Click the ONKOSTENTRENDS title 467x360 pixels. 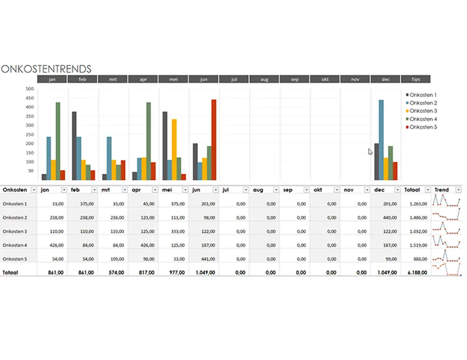[x=46, y=69]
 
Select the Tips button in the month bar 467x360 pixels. [x=415, y=79]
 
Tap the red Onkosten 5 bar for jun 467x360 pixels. [x=214, y=139]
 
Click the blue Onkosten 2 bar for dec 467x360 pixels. [x=381, y=139]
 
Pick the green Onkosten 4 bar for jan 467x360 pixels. [x=58, y=141]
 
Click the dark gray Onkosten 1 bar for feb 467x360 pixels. [x=74, y=145]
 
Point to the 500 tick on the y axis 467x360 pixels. [x=30, y=89]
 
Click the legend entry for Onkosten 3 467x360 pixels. [x=423, y=111]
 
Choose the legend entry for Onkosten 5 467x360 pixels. [x=423, y=127]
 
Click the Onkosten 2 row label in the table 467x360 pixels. [x=15, y=218]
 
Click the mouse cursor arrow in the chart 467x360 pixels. [x=370, y=151]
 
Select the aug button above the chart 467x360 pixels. [x=264, y=79]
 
